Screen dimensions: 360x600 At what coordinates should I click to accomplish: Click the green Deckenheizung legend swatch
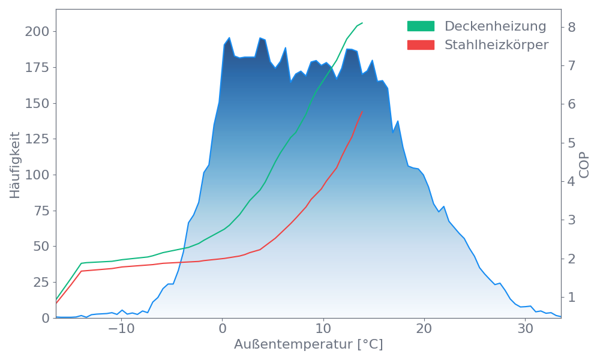point(421,26)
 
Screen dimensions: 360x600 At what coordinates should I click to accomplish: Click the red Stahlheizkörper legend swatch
point(421,45)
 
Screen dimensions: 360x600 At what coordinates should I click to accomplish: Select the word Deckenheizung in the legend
point(495,26)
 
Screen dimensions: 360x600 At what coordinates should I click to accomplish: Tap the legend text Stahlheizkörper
point(496,45)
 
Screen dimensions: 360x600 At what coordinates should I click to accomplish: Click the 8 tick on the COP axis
point(572,27)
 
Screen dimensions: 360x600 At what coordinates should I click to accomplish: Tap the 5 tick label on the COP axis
point(572,143)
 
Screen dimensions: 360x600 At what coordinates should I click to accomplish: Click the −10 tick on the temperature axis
point(121,329)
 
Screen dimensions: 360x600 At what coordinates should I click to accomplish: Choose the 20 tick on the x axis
point(424,329)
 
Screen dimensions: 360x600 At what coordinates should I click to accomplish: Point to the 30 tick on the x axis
point(526,329)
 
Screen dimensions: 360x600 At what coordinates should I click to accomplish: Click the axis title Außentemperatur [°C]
point(308,345)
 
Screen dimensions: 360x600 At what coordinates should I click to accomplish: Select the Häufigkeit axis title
point(15,164)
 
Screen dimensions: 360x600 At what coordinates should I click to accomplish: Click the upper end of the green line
point(362,23)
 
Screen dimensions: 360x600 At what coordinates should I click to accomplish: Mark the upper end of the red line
point(362,112)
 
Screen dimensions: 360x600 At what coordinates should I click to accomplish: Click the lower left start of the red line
point(56,302)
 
